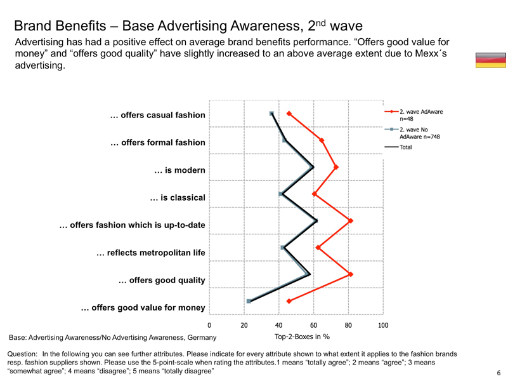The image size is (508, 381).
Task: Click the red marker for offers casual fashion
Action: tap(289, 114)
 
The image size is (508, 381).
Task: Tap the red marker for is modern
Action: tap(336, 168)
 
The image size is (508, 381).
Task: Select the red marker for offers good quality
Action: tap(350, 274)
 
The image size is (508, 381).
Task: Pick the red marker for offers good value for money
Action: tap(289, 301)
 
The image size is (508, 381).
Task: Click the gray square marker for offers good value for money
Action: tap(249, 301)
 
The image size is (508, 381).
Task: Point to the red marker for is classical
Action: tap(315, 194)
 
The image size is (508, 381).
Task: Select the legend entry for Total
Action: tap(406, 147)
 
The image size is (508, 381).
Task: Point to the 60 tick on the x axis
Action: tap(314, 325)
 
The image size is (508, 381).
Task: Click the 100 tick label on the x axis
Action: tap(383, 325)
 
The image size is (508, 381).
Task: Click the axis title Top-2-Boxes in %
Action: tap(303, 337)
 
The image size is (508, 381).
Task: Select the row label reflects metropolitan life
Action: tap(150, 253)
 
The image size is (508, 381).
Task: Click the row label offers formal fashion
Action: tap(158, 143)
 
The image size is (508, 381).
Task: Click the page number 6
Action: tap(499, 373)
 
